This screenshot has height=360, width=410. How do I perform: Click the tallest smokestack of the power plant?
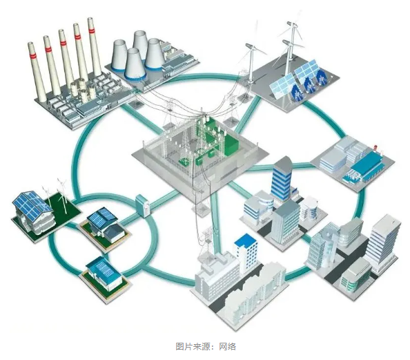tap(94, 46)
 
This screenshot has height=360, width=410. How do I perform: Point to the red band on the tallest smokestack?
tap(91, 30)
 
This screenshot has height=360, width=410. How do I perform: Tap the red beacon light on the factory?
tap(375, 148)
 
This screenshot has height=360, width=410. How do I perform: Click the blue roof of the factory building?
tap(366, 162)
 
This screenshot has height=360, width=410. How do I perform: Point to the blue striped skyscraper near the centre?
tap(282, 178)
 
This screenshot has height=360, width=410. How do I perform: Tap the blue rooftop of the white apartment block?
tap(245, 240)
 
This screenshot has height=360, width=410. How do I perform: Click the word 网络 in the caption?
tap(227, 347)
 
